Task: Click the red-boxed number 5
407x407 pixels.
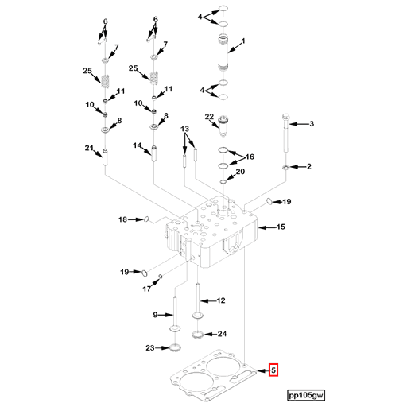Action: [x=273, y=370]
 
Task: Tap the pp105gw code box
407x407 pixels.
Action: [x=306, y=395]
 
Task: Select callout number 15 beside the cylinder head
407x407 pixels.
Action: [x=281, y=227]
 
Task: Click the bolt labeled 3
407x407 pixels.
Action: [x=286, y=133]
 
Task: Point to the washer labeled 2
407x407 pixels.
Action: [x=286, y=168]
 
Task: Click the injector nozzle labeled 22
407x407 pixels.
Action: [x=224, y=126]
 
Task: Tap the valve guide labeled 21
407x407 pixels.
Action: [x=105, y=157]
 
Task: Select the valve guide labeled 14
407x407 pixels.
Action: [x=153, y=153]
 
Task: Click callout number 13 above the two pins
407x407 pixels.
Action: [x=184, y=129]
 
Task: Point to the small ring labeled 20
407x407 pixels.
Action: [x=223, y=181]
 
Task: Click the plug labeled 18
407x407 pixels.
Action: [x=146, y=219]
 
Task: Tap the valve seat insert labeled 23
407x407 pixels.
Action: [x=175, y=347]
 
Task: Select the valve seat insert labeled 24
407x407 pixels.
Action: [x=197, y=335]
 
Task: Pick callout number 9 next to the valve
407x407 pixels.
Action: [x=155, y=315]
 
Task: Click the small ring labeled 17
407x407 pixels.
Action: [x=161, y=277]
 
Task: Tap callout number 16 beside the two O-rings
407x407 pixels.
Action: [x=250, y=157]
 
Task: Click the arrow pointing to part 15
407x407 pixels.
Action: [x=267, y=227]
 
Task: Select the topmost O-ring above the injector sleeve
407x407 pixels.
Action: [x=223, y=9]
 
